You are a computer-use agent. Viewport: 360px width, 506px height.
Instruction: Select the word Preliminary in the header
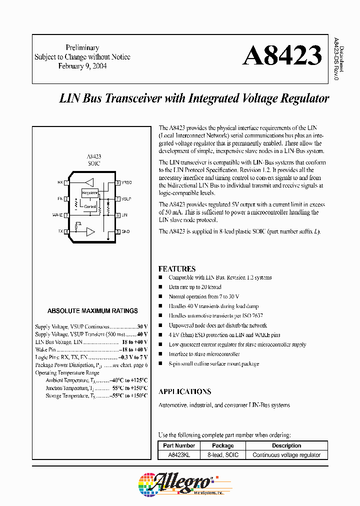click(x=82, y=47)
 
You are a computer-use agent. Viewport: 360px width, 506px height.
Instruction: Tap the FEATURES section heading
click(x=177, y=268)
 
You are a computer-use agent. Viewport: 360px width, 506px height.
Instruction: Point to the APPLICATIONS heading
click(x=185, y=391)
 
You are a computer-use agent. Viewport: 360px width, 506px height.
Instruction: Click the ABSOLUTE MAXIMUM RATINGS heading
click(x=92, y=310)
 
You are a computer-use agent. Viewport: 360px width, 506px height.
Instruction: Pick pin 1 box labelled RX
click(x=66, y=182)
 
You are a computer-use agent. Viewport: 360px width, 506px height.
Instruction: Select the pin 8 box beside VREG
click(x=117, y=182)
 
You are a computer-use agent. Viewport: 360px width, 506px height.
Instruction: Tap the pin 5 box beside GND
click(x=117, y=231)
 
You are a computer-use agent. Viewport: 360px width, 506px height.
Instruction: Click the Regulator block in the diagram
click(x=90, y=193)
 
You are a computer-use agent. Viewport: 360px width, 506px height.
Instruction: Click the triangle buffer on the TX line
click(x=90, y=231)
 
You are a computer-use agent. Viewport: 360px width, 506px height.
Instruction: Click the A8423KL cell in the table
click(x=178, y=454)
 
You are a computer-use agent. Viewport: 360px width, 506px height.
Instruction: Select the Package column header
click(x=223, y=445)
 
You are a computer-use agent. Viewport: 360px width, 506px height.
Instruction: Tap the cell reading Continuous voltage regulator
click(x=286, y=454)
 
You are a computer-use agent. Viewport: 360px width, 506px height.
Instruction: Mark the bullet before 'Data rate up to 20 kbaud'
click(x=160, y=287)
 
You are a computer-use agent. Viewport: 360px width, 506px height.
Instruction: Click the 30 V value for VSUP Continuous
click(x=142, y=326)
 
